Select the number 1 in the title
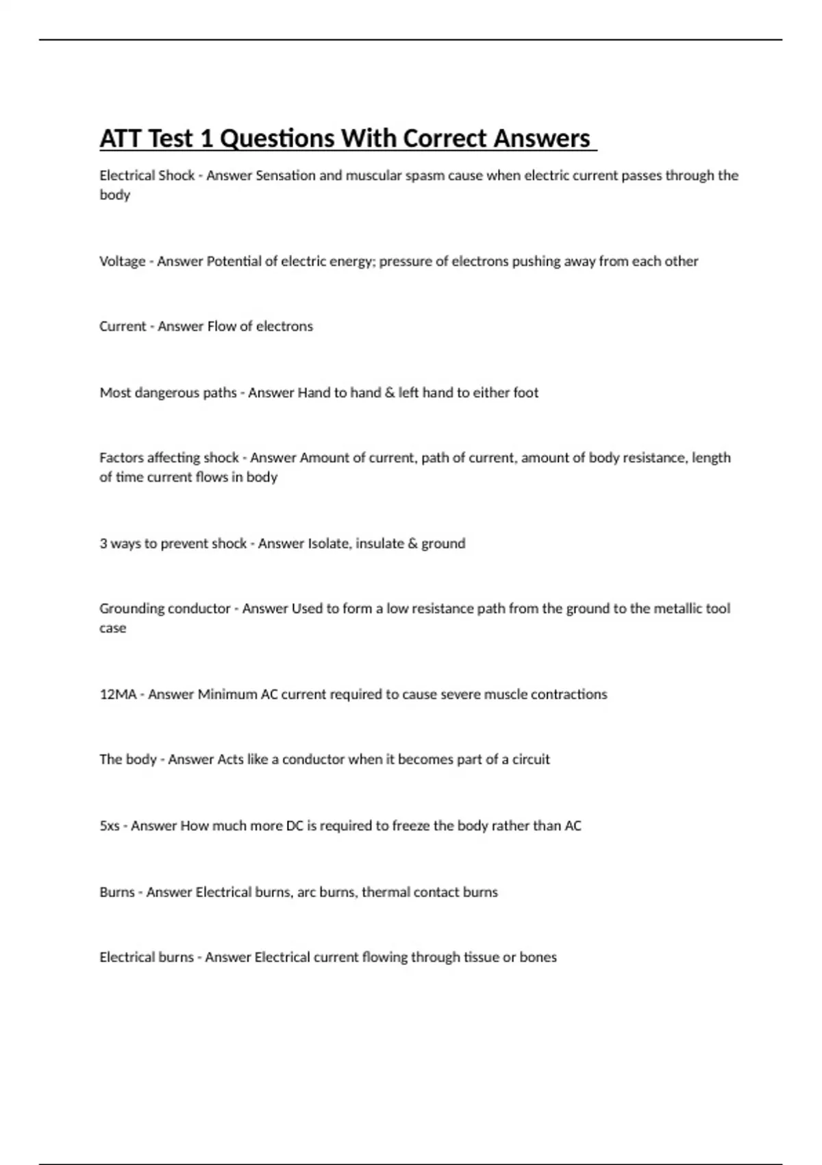(x=206, y=138)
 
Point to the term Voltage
(x=122, y=261)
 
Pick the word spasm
(x=424, y=175)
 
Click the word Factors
(x=121, y=458)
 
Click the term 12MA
(x=118, y=694)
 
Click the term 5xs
(x=109, y=826)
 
